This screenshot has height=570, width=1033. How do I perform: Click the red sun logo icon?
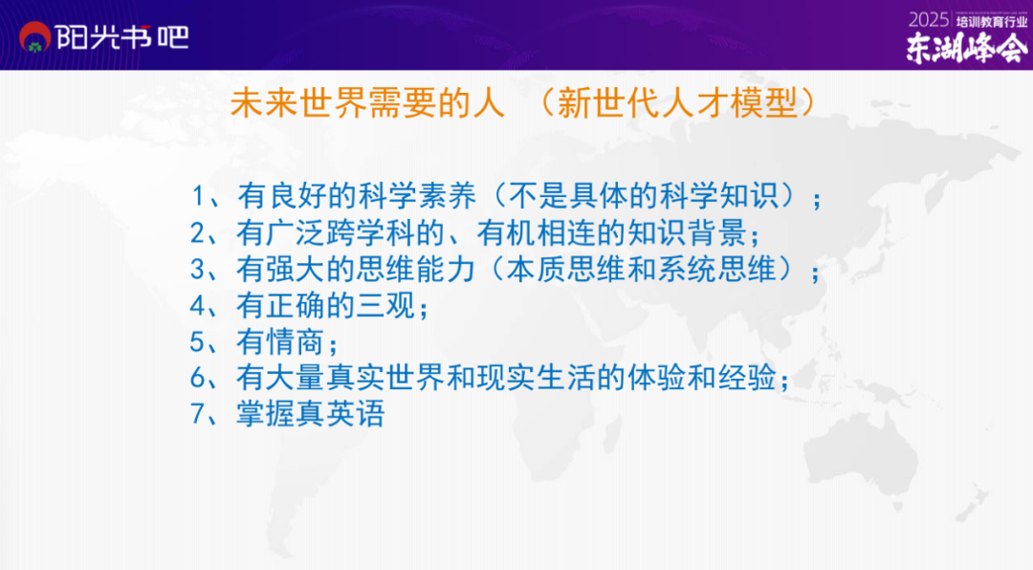pos(35,37)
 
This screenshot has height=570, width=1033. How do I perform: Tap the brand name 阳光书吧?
pos(122,37)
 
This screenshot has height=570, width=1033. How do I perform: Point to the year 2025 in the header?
pos(928,20)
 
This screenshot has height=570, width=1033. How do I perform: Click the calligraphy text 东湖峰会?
pos(966,48)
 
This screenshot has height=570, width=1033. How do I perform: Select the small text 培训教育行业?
pos(992,21)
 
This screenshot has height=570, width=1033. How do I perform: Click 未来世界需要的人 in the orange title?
pos(367,103)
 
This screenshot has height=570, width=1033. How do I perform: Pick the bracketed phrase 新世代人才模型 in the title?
pos(677,103)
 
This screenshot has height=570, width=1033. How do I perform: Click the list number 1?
pos(199,196)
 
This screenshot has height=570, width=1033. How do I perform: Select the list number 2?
pos(198,233)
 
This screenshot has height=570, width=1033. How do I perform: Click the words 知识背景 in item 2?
pos(687,232)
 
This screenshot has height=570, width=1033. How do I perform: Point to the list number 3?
pos(198,270)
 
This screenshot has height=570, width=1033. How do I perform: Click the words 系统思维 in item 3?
pos(716,269)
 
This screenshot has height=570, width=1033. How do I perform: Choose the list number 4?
pos(198,306)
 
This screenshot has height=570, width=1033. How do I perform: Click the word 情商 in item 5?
pos(296,342)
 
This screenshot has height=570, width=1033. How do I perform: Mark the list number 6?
pos(198,378)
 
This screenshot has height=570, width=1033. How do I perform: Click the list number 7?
pos(198,414)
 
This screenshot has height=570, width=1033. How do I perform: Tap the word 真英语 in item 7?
pos(340,414)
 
